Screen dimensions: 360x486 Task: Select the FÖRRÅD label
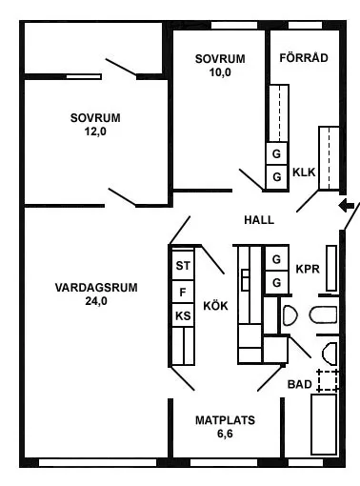pyautogui.click(x=304, y=58)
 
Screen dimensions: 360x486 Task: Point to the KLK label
pyautogui.click(x=304, y=172)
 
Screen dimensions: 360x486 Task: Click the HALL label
pyautogui.click(x=258, y=220)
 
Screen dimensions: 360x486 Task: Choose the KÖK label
pyautogui.click(x=215, y=305)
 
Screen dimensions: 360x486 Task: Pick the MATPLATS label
pyautogui.click(x=225, y=419)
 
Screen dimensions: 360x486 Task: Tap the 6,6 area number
pyautogui.click(x=225, y=434)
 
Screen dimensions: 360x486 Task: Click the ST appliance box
pyautogui.click(x=182, y=266)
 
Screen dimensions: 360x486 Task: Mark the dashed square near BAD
pyautogui.click(x=328, y=380)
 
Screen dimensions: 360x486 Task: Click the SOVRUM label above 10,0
pyautogui.click(x=220, y=58)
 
